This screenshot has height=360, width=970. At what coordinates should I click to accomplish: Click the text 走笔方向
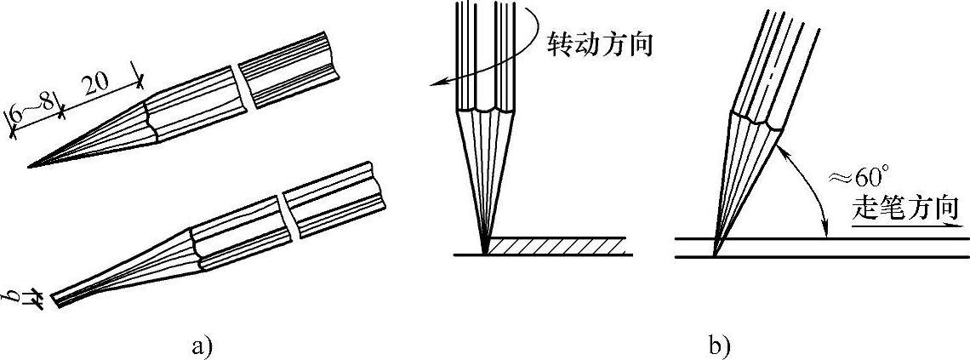(x=907, y=208)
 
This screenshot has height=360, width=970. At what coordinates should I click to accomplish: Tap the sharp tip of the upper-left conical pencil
(x=31, y=166)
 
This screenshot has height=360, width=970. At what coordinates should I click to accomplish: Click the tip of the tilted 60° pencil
(x=715, y=254)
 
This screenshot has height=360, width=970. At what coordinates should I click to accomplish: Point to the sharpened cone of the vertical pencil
(x=487, y=170)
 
